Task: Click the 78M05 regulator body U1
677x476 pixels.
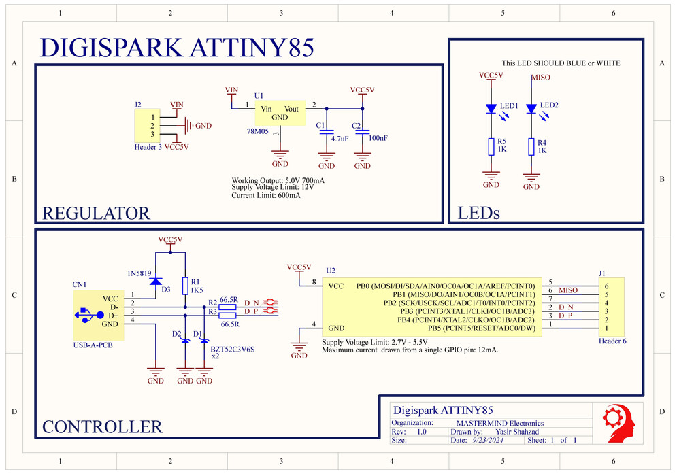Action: click(280, 113)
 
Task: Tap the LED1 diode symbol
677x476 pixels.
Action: click(491, 108)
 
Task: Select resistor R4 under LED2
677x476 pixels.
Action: click(531, 147)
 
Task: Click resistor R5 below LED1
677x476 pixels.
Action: click(491, 147)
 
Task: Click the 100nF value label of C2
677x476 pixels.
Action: click(378, 138)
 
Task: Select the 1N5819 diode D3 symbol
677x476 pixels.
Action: click(156, 281)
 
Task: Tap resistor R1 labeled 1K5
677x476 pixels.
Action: click(185, 285)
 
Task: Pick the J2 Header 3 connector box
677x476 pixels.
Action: click(146, 126)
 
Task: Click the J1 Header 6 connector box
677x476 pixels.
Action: click(611, 307)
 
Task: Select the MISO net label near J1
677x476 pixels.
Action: click(568, 290)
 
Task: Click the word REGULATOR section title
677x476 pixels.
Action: click(96, 213)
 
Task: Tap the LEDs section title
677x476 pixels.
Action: click(479, 213)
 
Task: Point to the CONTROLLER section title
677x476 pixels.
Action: click(102, 427)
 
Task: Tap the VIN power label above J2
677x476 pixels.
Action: click(177, 105)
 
